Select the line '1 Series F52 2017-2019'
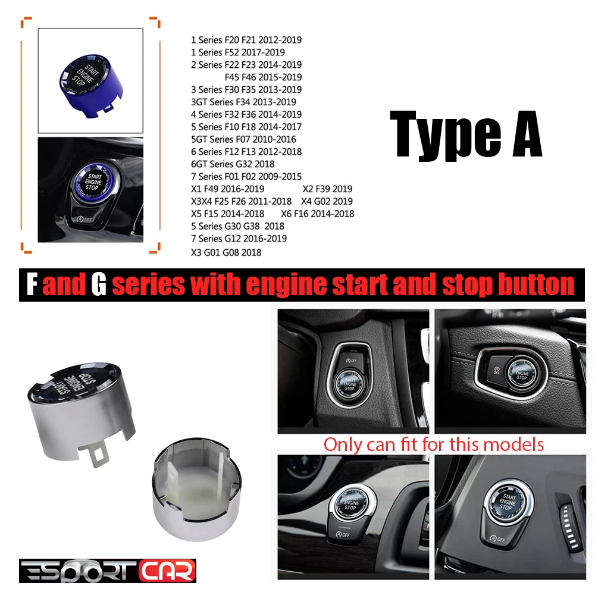[237, 52]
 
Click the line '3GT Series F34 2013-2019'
[243, 102]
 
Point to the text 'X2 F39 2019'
[327, 189]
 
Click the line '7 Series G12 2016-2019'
[239, 239]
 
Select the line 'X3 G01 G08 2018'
[226, 252]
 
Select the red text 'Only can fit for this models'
[433, 444]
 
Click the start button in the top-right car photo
[522, 370]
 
